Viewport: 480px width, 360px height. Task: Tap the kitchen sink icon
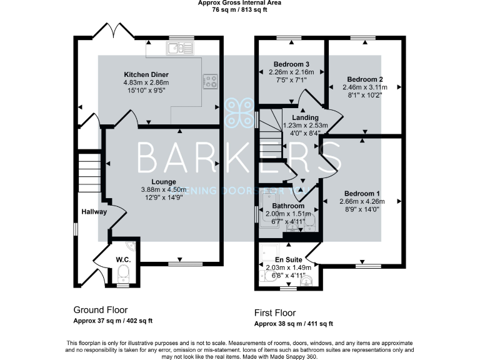(x=179, y=48)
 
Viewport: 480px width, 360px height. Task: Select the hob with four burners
(x=210, y=81)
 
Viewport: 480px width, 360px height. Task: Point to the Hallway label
(x=94, y=212)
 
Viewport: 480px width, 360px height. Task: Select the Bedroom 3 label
(x=291, y=64)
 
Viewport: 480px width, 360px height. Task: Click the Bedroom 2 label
(x=364, y=79)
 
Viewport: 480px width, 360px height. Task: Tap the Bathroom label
(x=289, y=206)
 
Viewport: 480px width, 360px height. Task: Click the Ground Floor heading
(x=100, y=310)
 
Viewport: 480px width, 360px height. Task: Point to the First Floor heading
(x=275, y=312)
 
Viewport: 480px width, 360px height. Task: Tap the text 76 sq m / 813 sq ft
(x=239, y=9)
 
